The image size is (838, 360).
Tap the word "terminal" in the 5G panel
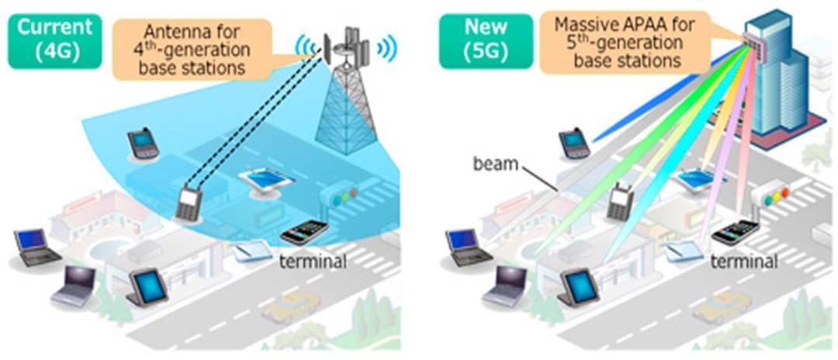(744, 261)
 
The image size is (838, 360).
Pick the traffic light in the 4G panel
(344, 197)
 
